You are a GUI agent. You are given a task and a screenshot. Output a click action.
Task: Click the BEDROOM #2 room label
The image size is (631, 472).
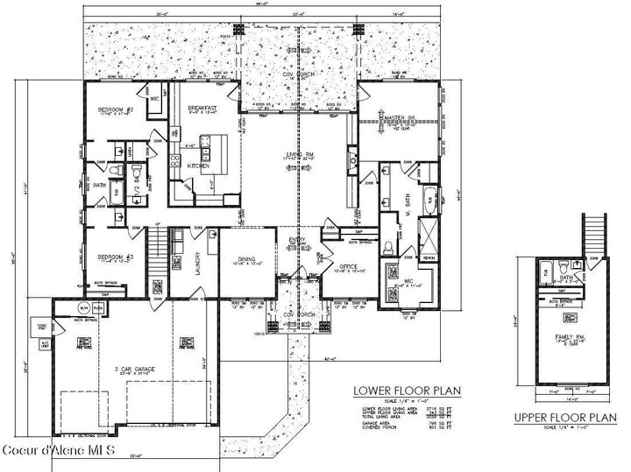pos(116,109)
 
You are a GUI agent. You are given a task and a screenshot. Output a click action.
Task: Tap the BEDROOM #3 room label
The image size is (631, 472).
pos(115,256)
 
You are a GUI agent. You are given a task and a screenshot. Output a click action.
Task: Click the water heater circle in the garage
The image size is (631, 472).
pos(84,308)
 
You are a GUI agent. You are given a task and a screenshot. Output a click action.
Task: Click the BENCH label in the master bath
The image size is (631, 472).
pos(429,259)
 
